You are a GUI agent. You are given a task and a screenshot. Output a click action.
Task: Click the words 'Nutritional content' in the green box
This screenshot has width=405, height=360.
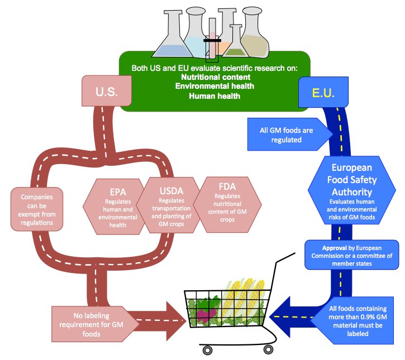click(215, 77)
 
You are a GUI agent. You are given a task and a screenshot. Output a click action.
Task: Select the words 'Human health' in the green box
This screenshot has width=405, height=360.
click(215, 96)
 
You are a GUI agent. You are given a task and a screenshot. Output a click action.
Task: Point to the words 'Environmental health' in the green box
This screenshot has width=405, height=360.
click(215, 87)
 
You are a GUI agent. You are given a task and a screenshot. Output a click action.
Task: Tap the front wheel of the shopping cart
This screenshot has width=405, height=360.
click(208, 350)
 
